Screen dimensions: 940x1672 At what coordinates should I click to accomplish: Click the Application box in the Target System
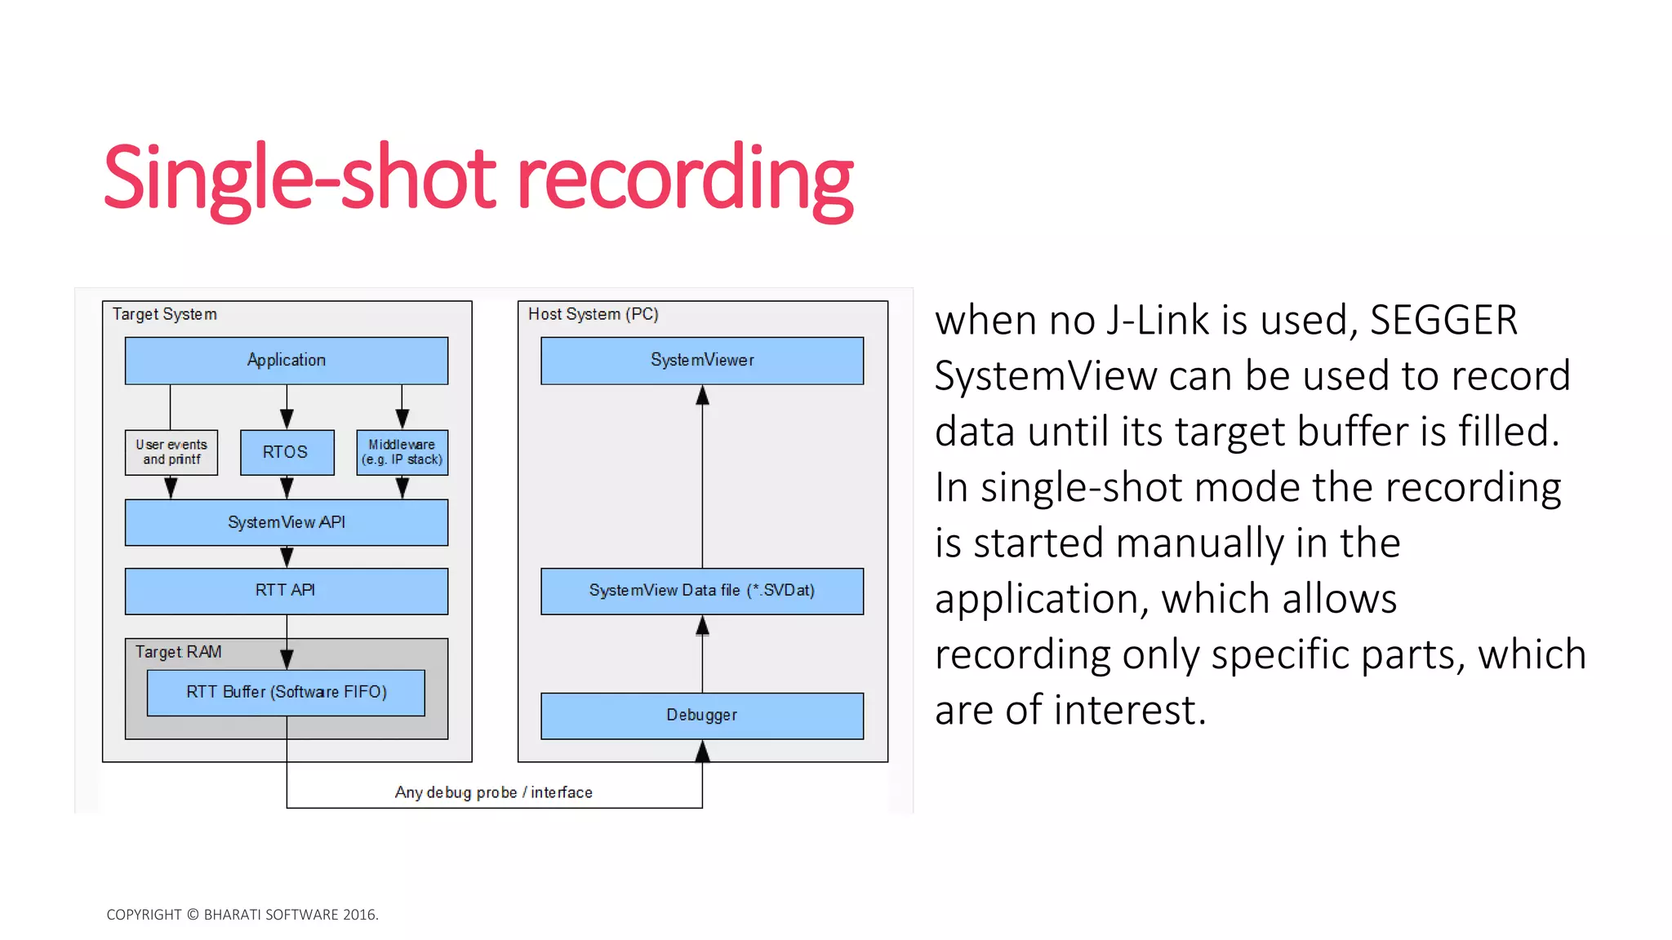click(286, 360)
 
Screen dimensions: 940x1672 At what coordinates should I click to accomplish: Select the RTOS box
click(287, 452)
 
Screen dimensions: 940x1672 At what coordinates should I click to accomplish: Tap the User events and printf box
click(171, 452)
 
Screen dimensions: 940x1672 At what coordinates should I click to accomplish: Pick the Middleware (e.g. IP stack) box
click(402, 452)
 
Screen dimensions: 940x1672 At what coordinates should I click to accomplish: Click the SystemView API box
click(286, 522)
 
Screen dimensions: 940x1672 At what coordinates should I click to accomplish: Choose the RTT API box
click(286, 590)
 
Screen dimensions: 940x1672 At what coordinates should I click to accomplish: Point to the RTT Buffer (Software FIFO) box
click(286, 692)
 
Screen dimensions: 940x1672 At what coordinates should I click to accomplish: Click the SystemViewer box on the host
click(702, 360)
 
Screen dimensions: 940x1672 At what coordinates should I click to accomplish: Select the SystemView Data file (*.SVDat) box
click(702, 590)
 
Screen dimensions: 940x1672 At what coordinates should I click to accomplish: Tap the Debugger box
click(702, 715)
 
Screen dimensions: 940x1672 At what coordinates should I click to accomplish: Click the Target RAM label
click(178, 652)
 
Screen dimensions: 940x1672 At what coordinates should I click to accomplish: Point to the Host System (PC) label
click(593, 314)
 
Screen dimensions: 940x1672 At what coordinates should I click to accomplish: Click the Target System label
click(165, 314)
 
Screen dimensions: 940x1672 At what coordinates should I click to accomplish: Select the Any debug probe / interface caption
click(493, 792)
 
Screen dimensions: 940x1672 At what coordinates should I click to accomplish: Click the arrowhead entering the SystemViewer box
click(702, 396)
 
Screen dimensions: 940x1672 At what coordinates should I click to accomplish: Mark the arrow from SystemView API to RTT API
click(287, 557)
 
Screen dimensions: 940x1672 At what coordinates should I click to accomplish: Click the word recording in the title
click(684, 178)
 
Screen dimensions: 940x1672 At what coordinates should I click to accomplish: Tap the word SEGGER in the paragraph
click(1443, 320)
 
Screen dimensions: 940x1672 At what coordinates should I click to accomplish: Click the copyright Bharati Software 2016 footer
click(242, 915)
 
